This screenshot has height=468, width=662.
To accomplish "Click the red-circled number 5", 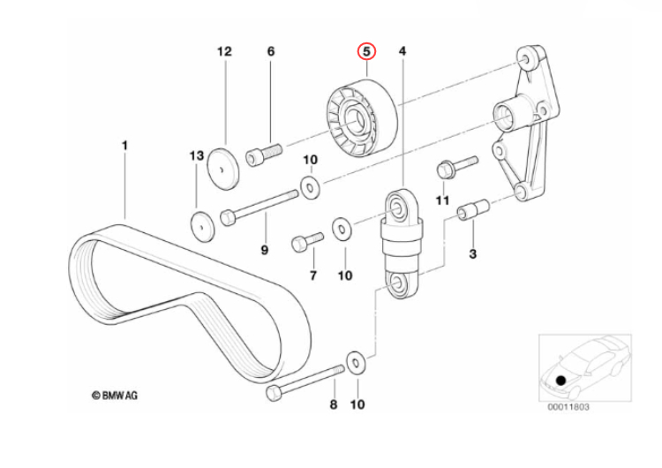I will pyautogui.click(x=366, y=52).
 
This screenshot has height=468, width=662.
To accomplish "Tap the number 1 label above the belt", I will pyautogui.click(x=124, y=144).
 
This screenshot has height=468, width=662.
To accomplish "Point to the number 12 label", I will pyautogui.click(x=223, y=52).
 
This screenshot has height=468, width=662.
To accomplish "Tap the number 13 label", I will pyautogui.click(x=196, y=156).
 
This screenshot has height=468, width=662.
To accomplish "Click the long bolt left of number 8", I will pyautogui.click(x=305, y=380).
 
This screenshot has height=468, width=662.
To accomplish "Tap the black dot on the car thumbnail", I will pyautogui.click(x=560, y=381).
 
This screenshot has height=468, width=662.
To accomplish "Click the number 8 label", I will pyautogui.click(x=334, y=405).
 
